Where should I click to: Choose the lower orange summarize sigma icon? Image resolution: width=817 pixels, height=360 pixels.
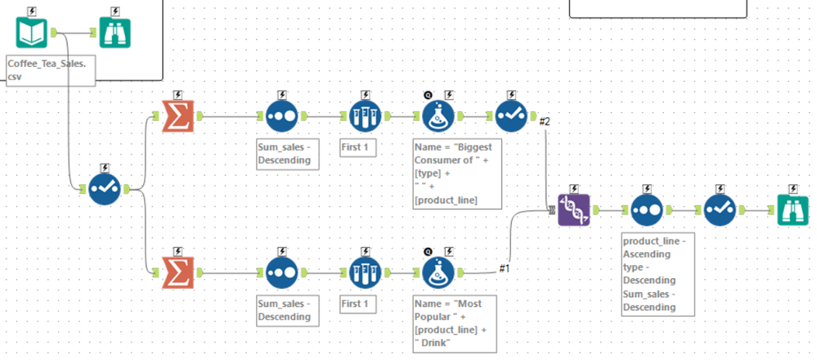173,272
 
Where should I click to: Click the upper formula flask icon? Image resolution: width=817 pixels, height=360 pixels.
439,116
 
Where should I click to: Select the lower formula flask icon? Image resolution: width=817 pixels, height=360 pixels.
439,272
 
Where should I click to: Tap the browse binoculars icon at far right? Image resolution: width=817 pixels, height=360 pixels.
791,210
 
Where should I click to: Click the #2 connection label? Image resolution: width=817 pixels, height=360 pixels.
545,122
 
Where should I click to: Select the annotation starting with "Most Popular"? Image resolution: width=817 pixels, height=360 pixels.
455,323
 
